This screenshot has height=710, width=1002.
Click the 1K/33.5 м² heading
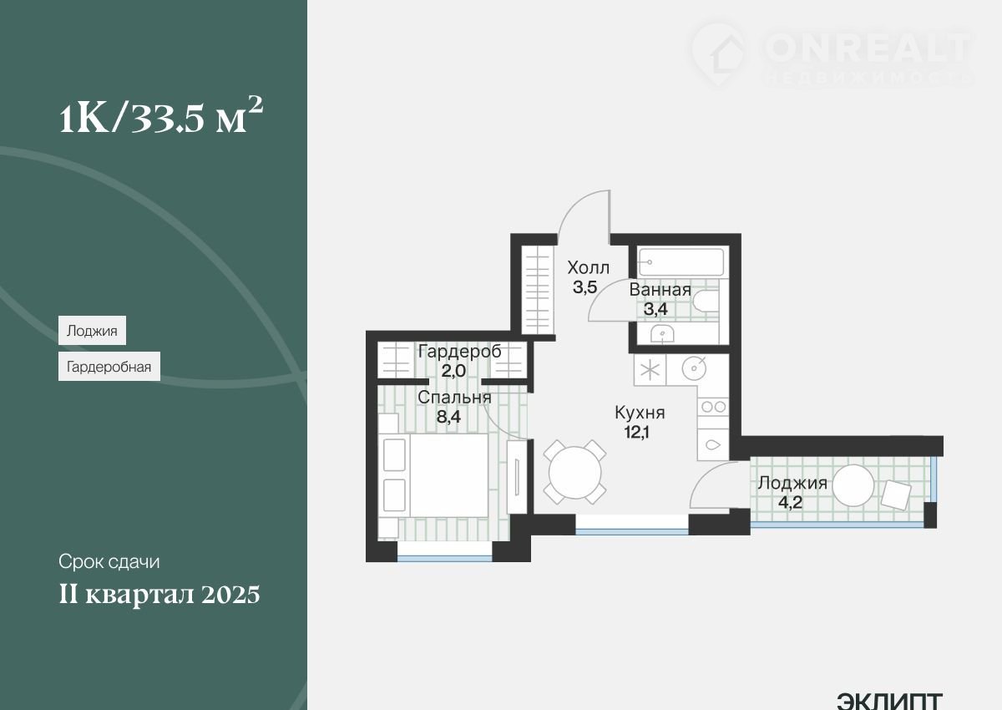(x=161, y=115)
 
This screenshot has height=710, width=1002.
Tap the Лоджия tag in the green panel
(x=92, y=331)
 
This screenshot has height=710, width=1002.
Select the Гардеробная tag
(x=109, y=367)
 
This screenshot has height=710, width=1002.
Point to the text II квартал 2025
(x=159, y=595)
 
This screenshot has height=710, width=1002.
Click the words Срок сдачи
(x=109, y=561)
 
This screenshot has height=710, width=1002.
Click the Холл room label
(x=588, y=267)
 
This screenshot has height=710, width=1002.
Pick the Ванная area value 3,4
(x=655, y=309)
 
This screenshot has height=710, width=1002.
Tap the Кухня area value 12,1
(x=637, y=432)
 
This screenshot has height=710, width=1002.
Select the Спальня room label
(x=454, y=398)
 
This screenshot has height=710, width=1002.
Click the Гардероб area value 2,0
(x=453, y=370)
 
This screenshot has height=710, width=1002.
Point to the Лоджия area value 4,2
(x=791, y=502)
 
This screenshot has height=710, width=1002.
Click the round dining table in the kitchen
(x=574, y=473)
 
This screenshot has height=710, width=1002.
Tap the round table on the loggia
(x=853, y=485)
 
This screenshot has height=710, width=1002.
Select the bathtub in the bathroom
(x=681, y=262)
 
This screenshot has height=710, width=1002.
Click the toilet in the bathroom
(x=706, y=301)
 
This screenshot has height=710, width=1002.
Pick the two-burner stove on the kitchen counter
(x=713, y=407)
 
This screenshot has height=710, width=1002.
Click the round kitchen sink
(x=694, y=368)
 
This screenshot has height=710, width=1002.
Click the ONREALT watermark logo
(x=832, y=53)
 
